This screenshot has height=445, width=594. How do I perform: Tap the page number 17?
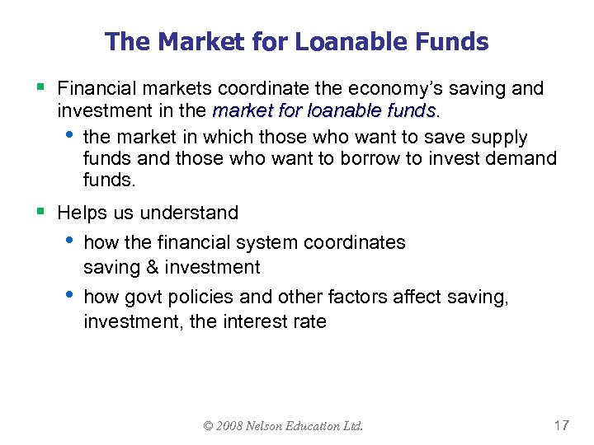point(561,425)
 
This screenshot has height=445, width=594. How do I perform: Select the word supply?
point(499,137)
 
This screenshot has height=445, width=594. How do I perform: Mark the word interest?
point(256,321)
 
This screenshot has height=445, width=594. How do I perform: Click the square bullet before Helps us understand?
point(40,213)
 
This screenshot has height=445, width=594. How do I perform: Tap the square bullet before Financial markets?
point(40,87)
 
